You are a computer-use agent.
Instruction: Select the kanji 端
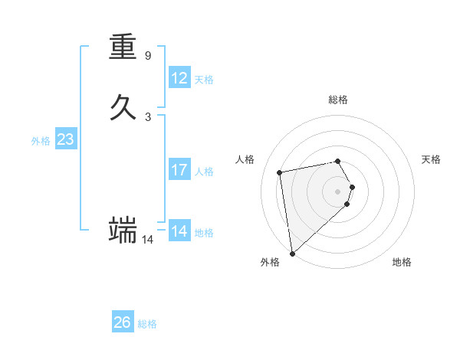click(123, 229)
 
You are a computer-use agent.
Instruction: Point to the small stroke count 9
click(148, 56)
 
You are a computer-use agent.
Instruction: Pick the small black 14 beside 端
click(148, 240)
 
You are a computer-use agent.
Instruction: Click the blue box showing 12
click(179, 78)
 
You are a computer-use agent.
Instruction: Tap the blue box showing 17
click(179, 170)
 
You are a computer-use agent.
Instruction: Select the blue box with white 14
click(179, 231)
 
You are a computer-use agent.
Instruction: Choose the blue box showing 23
click(65, 139)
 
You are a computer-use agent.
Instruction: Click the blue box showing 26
click(123, 322)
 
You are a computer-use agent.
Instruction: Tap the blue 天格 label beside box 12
click(204, 80)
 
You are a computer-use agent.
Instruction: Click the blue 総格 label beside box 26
click(147, 324)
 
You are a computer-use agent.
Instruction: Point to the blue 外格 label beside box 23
click(41, 141)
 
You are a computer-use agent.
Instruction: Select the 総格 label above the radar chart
click(338, 100)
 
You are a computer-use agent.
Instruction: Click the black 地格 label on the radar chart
click(402, 262)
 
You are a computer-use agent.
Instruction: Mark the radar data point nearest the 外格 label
click(292, 253)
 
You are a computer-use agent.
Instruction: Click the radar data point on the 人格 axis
click(280, 172)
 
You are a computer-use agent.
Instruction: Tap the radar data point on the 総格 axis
click(338, 161)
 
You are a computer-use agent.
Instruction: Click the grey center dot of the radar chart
click(338, 191)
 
